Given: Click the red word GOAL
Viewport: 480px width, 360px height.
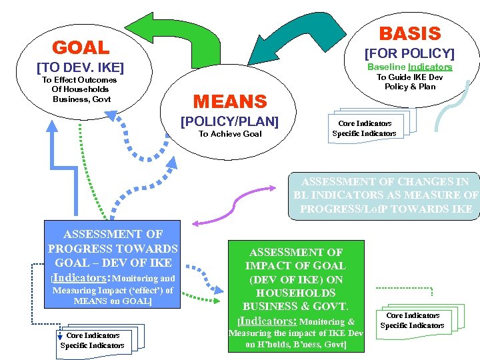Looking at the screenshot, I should pos(81,47).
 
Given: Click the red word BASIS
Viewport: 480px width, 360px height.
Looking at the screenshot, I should pos(410,33).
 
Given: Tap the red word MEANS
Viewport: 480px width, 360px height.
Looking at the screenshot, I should pos(229,101).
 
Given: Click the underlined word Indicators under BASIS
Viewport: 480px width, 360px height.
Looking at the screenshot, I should pos(430,67).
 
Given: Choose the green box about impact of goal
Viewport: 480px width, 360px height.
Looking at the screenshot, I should pos(296,296).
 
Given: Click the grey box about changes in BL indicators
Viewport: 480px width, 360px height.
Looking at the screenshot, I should pos(385,195).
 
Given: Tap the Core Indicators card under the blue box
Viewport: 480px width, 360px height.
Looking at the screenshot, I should pos(93,340).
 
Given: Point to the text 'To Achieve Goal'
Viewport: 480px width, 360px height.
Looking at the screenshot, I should pos(230,134).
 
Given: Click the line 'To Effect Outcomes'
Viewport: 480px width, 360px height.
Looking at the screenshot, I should pos(79,80).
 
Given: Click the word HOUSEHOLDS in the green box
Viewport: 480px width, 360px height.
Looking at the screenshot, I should pos(295,293).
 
